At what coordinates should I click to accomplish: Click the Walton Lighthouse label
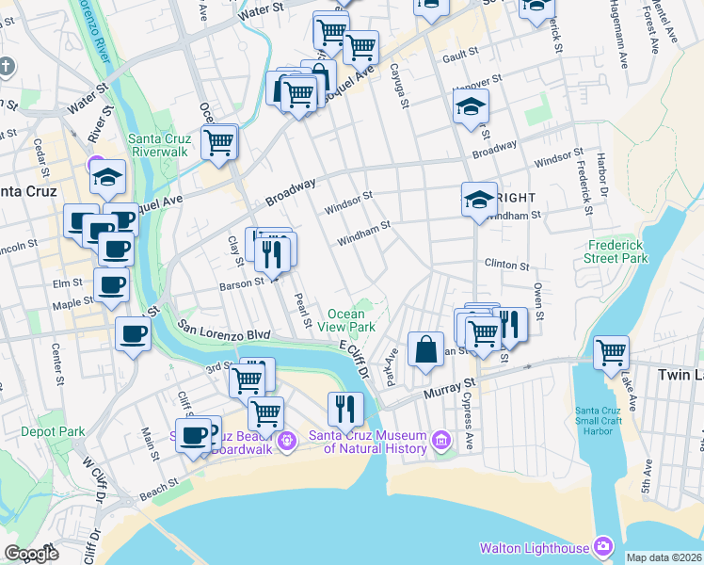tap(533, 547)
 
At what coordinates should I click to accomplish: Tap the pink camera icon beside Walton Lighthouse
tap(604, 547)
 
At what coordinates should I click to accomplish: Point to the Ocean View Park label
tap(351, 320)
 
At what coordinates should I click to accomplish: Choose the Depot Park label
tap(52, 432)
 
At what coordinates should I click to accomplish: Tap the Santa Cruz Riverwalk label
tap(161, 144)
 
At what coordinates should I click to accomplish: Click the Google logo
tap(31, 554)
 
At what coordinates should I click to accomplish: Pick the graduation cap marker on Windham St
tap(479, 200)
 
